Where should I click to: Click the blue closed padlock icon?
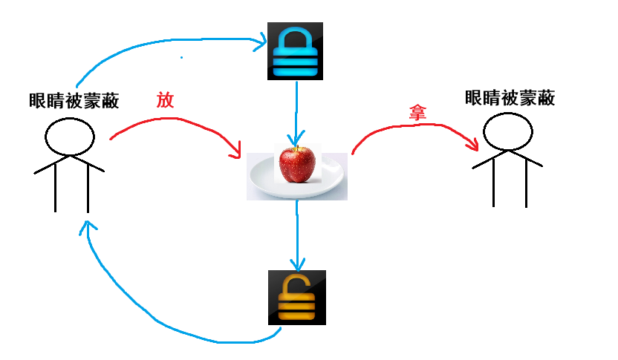[x=296, y=53]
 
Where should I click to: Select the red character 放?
[x=165, y=100]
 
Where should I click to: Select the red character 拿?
[x=417, y=112]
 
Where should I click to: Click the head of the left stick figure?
[x=70, y=137]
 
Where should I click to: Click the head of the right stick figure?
[x=508, y=133]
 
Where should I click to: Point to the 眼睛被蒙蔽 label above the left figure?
[x=74, y=100]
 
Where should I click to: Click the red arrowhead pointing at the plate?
[x=238, y=152]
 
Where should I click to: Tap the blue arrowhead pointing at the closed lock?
[x=261, y=42]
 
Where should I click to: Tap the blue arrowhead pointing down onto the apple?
[x=297, y=141]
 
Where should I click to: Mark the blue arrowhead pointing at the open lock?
[x=297, y=264]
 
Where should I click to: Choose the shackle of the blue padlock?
[x=296, y=37]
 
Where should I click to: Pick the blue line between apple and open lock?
[x=297, y=230]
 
